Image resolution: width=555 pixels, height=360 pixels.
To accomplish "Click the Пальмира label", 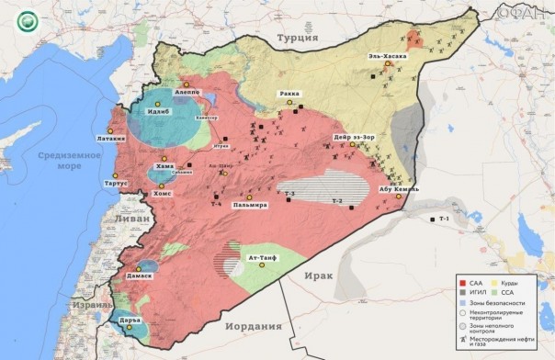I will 249,204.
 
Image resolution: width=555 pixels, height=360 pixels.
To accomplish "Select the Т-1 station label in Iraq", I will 445,219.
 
